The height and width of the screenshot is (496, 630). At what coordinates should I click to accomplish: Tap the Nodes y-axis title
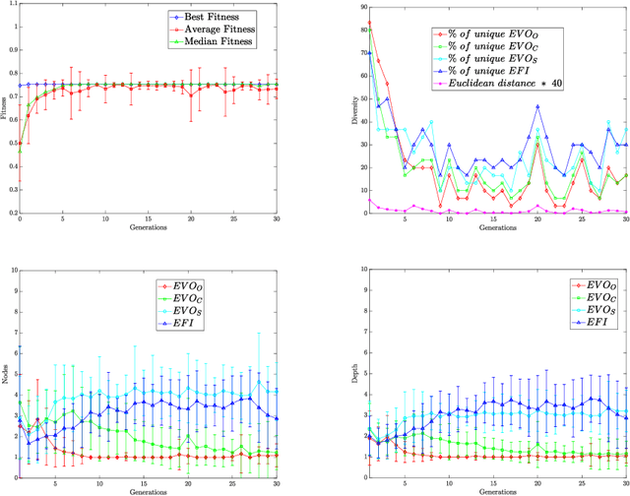6,369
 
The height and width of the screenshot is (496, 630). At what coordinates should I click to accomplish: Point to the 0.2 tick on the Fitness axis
11,213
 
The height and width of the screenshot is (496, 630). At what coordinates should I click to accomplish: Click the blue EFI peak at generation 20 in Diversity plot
538,106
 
